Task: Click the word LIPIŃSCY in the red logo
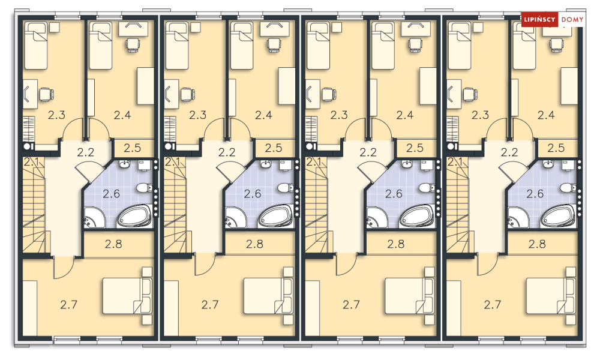(539, 19)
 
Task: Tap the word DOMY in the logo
(572, 19)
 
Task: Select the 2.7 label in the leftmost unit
(69, 304)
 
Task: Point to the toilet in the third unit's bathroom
(425, 188)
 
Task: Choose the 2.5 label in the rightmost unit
(556, 148)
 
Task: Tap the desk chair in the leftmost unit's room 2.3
(46, 94)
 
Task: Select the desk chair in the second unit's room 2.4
(274, 45)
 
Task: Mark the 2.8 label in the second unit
(255, 244)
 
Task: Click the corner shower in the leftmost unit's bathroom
(94, 218)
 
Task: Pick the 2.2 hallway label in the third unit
(368, 152)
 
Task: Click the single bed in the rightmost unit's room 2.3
(460, 46)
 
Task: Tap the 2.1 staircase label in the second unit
(172, 162)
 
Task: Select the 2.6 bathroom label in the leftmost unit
(111, 194)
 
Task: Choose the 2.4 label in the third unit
(405, 115)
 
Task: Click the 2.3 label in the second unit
(197, 115)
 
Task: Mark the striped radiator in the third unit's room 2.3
(311, 128)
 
